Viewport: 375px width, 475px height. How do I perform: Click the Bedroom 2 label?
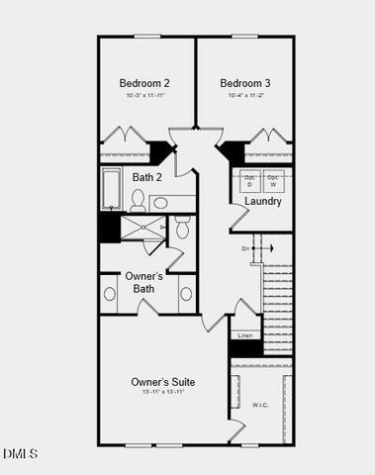[144, 83]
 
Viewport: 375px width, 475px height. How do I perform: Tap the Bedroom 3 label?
[245, 83]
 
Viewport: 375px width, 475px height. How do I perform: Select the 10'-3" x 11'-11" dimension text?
[144, 96]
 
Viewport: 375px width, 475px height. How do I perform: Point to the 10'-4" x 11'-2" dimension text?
[245, 96]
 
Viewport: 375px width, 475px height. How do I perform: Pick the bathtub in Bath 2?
[111, 189]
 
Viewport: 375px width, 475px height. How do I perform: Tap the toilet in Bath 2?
[138, 202]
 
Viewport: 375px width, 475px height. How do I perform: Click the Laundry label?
[263, 201]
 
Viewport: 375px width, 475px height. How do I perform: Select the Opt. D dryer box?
[249, 180]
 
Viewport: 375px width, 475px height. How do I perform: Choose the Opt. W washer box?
[273, 180]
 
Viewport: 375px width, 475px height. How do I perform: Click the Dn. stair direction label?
[245, 248]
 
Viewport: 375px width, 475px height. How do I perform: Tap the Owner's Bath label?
[144, 282]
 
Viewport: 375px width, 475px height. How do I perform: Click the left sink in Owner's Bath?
[109, 294]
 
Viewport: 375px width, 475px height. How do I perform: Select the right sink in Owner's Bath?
[185, 294]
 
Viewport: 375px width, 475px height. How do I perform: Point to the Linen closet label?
[245, 335]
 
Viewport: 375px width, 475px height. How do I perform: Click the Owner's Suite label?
[163, 381]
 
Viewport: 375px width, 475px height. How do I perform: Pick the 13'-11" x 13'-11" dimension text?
[163, 393]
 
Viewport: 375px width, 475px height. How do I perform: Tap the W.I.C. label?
[259, 404]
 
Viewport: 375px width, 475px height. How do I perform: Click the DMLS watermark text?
[21, 453]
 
